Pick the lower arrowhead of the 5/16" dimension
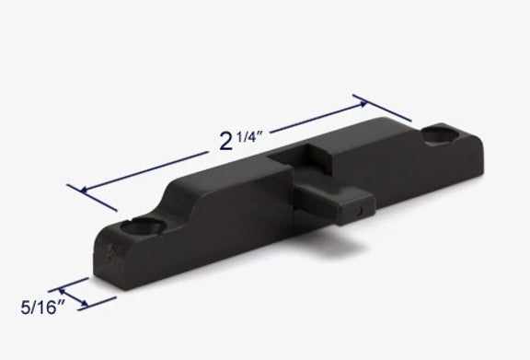coord(87,304)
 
